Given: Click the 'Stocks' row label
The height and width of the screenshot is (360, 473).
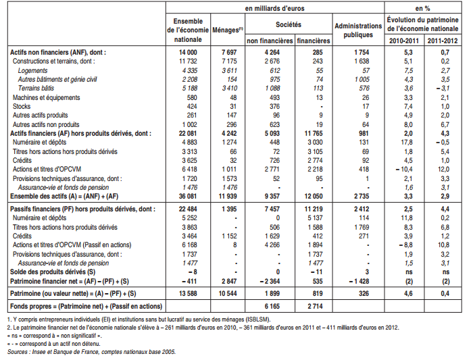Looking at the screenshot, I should tap(22, 105).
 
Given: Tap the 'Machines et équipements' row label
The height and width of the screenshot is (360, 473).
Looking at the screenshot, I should tap(43, 97).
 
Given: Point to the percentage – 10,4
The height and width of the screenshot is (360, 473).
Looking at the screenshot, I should tap(402, 170).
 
